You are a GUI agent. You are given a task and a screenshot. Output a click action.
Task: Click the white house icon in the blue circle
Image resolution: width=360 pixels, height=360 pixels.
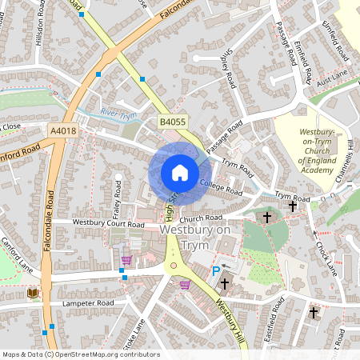180,173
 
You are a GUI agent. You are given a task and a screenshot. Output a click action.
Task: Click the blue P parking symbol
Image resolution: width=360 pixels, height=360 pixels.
215,272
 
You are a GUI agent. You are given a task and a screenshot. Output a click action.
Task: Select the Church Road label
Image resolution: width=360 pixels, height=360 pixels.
200,218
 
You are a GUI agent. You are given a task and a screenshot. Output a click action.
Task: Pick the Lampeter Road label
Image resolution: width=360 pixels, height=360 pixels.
84,304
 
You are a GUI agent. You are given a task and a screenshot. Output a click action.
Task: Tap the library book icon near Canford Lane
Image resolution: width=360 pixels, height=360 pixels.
32,294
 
